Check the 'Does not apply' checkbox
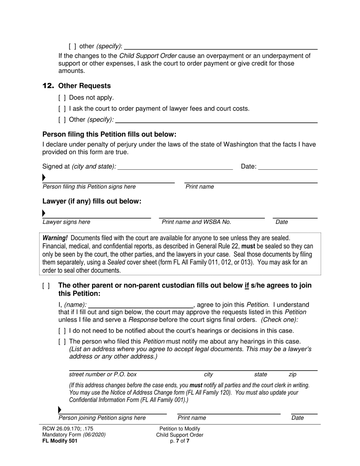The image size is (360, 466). (x=62, y=98)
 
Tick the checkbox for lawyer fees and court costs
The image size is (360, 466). (x=62, y=109)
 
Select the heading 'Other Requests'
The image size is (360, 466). (x=85, y=86)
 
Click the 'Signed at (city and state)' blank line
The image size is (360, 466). (x=175, y=167)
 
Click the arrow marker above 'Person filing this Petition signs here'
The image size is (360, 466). (x=44, y=178)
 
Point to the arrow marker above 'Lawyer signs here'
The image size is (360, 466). (x=44, y=213)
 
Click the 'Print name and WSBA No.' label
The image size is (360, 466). (x=196, y=222)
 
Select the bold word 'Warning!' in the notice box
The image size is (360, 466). (x=55, y=238)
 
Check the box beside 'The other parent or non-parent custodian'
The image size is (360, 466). (x=46, y=286)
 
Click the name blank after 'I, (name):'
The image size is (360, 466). (x=141, y=305)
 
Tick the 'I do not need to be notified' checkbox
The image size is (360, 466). (x=62, y=331)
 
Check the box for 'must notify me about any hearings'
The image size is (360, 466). (x=62, y=342)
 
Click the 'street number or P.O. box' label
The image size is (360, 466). (x=103, y=374)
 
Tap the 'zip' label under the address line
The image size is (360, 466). (x=293, y=374)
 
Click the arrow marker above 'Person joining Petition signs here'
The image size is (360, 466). (x=59, y=410)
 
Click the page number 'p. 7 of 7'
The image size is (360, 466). (x=180, y=441)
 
